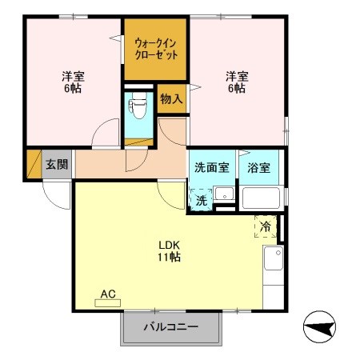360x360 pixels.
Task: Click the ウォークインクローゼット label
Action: (155, 47)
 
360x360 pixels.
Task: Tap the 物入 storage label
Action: (170, 99)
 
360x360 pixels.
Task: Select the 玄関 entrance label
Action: (57, 165)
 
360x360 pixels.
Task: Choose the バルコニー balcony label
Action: (170, 326)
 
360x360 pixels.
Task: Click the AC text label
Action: (109, 294)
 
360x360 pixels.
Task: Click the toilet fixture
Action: (138, 107)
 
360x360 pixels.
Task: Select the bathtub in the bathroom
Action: (260, 198)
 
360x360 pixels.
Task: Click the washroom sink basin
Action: (225, 194)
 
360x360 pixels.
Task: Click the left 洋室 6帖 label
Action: (74, 82)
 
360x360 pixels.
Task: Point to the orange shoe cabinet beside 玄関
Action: (34, 165)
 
